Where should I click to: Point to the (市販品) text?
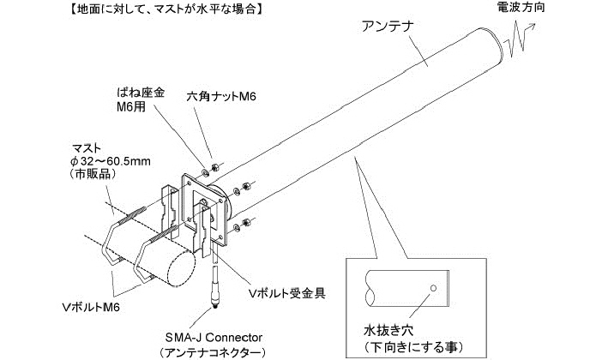pos(86,174)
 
